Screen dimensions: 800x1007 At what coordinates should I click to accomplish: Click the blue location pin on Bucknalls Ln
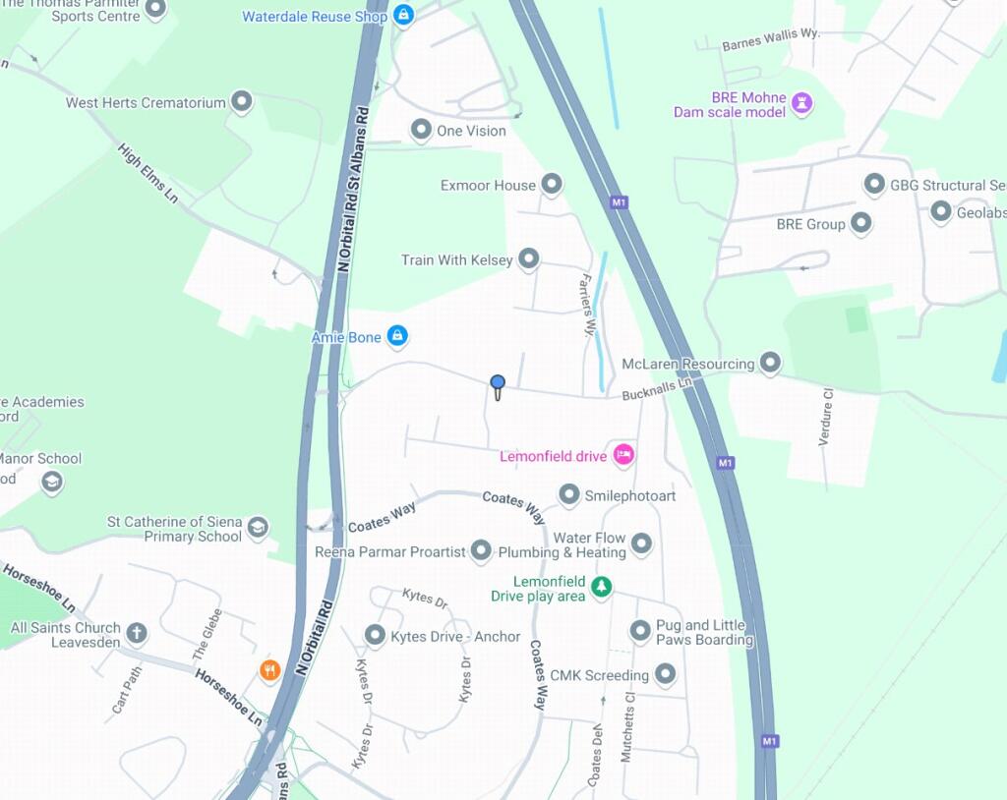498,384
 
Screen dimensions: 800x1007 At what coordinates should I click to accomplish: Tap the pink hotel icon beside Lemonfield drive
623,454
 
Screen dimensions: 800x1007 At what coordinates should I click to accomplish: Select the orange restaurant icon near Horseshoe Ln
270,670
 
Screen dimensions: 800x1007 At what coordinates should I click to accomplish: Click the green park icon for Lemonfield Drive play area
602,588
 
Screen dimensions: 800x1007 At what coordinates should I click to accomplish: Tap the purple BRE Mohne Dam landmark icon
802,103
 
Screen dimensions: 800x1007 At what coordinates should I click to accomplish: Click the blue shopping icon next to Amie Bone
397,336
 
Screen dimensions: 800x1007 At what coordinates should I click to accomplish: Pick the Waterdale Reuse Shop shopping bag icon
403,15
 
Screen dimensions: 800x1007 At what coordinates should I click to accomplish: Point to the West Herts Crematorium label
146,102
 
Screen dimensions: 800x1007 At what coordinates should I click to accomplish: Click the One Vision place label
471,131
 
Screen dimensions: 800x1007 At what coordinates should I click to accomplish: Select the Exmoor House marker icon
552,184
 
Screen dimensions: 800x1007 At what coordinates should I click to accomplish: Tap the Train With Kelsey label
456,259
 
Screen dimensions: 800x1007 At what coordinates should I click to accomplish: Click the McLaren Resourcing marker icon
770,364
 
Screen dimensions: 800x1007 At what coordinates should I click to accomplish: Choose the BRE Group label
810,224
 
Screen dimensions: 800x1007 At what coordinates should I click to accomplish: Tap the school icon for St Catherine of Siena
258,527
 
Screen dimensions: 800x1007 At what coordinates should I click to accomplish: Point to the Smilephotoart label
630,495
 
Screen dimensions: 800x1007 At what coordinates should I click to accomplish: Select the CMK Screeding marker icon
666,674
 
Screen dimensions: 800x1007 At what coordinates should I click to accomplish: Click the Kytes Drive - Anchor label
455,636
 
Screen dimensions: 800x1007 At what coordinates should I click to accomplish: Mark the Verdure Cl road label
827,417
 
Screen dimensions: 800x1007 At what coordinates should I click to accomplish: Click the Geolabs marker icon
941,211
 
